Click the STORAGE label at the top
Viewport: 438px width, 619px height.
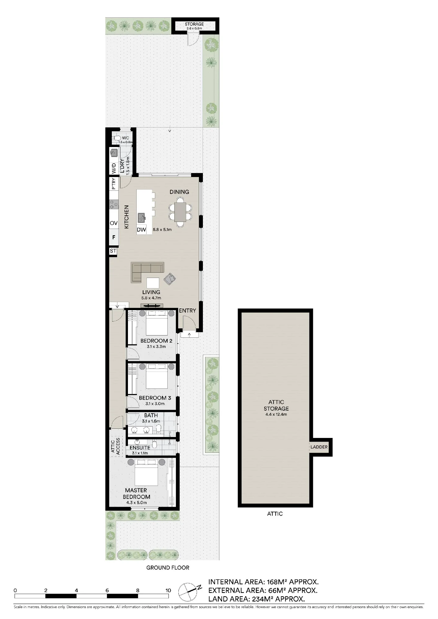tap(194, 24)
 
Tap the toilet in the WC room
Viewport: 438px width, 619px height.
tap(116, 138)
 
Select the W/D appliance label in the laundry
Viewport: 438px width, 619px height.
tap(114, 168)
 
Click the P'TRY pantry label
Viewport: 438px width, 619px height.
tap(113, 184)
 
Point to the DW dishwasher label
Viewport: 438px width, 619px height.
tap(141, 230)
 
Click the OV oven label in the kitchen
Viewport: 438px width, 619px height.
tap(114, 223)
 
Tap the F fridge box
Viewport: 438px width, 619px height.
tap(114, 237)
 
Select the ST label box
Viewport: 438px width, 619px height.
tap(113, 251)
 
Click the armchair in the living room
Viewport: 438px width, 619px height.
tap(169, 279)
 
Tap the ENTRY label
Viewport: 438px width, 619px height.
tap(187, 310)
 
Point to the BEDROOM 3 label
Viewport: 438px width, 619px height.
tap(155, 398)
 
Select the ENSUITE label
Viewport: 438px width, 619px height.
tap(140, 448)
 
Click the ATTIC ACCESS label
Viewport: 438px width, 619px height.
tap(115, 446)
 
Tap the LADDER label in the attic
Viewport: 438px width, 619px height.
tap(319, 447)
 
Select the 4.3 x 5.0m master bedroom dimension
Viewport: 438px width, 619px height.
tap(137, 503)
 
